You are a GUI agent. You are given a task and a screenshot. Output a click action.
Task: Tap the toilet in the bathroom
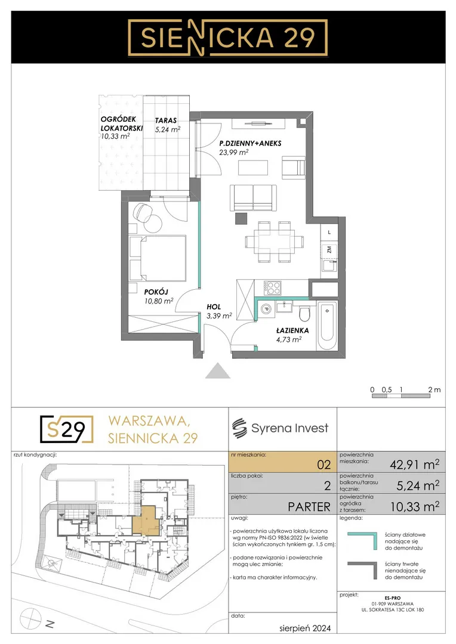click(304, 314)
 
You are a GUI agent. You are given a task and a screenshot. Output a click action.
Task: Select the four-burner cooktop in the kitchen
click(272, 287)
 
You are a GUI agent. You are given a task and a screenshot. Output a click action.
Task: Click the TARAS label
click(166, 120)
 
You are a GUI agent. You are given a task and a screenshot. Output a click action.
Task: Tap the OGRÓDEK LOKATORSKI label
click(122, 123)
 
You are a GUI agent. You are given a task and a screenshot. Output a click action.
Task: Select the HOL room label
click(214, 307)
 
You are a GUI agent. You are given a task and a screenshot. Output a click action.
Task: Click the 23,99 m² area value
click(233, 152)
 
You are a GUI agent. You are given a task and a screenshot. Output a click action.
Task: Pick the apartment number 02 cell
click(282, 462)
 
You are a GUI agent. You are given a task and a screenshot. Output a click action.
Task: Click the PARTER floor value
click(309, 507)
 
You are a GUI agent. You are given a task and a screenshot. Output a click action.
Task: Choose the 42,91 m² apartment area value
click(414, 465)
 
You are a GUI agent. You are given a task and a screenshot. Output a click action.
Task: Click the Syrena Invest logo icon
click(239, 429)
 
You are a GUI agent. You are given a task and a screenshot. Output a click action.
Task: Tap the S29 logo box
click(67, 429)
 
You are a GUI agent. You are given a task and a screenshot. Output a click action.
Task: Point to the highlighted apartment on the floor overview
click(146, 521)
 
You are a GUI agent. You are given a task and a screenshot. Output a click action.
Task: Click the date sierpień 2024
click(304, 628)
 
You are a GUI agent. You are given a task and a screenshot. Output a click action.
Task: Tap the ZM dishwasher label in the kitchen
click(329, 249)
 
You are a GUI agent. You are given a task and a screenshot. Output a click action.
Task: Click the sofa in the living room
click(253, 198)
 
